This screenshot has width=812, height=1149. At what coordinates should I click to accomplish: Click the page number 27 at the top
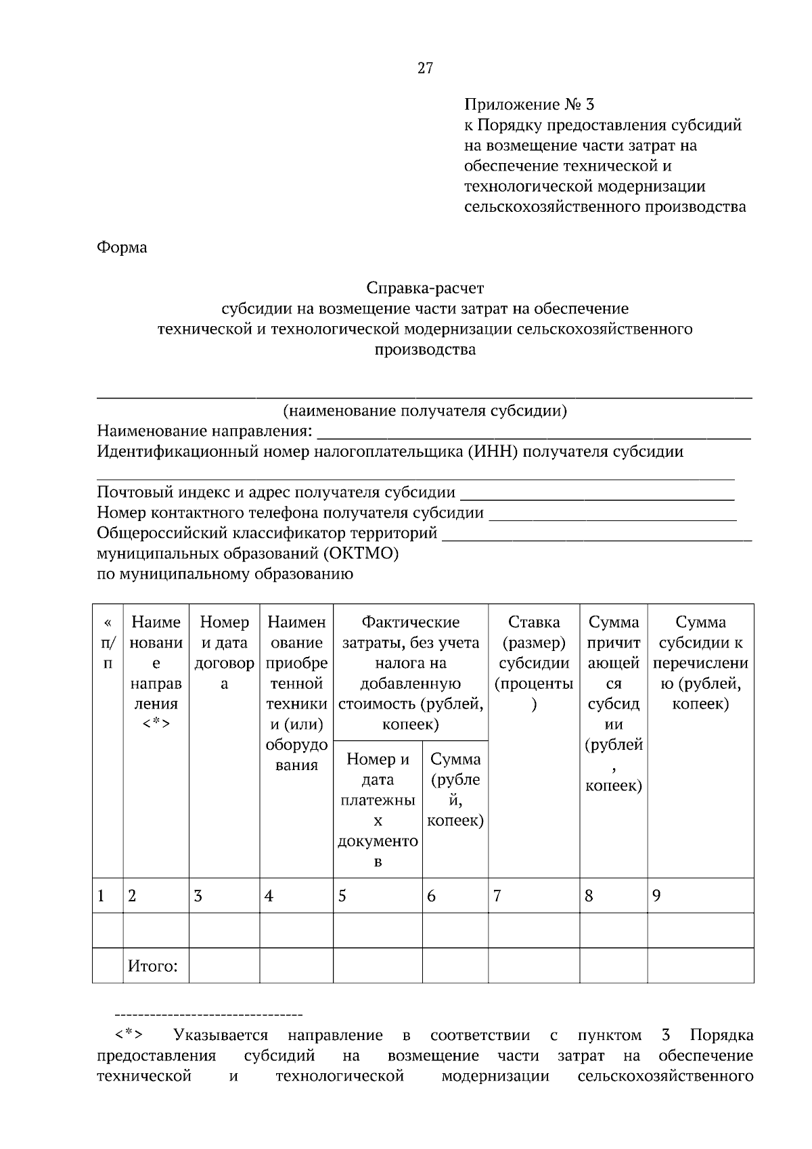coord(425,68)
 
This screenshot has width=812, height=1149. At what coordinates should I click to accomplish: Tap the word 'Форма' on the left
coord(122,248)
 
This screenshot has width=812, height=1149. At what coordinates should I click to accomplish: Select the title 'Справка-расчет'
coord(425,288)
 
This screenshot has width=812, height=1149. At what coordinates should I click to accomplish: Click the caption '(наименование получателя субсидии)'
coord(425,411)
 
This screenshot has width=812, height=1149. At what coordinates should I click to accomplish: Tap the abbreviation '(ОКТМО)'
coord(360,554)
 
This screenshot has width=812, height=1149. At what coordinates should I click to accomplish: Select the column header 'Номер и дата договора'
coord(224,652)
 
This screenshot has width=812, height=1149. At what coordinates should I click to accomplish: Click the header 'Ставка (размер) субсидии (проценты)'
coord(534,662)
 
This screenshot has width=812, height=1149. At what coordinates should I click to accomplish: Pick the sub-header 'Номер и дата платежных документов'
coord(378,810)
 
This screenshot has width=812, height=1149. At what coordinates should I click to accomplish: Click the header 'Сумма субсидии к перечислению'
coord(700,662)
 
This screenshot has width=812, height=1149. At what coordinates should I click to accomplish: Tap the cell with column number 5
coord(378,896)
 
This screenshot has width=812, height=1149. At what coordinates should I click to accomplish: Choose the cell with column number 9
coord(700,896)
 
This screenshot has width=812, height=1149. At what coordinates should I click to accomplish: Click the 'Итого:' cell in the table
coord(153,966)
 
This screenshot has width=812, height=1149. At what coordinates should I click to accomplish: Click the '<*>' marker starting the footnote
coord(128,1035)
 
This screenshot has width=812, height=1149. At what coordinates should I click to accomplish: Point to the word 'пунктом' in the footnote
coord(609,1035)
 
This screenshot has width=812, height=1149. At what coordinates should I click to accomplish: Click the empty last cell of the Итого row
coord(700,966)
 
